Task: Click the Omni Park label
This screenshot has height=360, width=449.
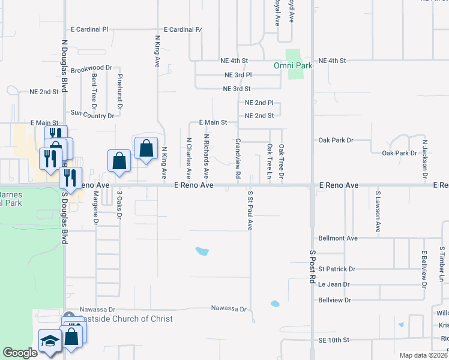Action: pyautogui.click(x=293, y=65)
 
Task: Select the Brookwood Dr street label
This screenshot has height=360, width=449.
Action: pyautogui.click(x=91, y=69)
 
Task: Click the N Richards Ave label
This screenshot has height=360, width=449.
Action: pyautogui.click(x=206, y=156)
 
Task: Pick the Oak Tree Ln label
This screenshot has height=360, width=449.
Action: pyautogui.click(x=270, y=161)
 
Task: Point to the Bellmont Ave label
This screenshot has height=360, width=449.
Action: pyautogui.click(x=338, y=238)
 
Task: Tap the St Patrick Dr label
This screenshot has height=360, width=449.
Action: pyautogui.click(x=337, y=269)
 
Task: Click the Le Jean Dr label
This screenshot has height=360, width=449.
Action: pyautogui.click(x=334, y=284)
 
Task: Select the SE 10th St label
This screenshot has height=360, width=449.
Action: pyautogui.click(x=334, y=340)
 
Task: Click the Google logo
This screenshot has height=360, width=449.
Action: pyautogui.click(x=20, y=353)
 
